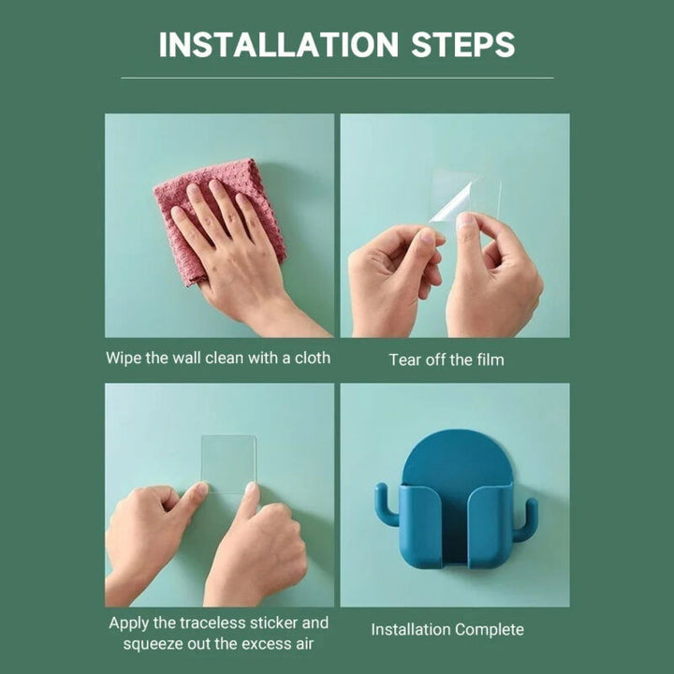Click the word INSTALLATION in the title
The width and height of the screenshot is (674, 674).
(279, 44)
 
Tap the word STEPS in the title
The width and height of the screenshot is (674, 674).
(463, 44)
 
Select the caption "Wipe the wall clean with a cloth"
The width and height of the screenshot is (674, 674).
(218, 358)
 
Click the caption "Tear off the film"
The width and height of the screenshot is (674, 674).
(447, 359)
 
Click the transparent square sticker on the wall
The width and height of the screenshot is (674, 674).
(228, 464)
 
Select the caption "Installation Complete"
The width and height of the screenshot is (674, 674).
(447, 630)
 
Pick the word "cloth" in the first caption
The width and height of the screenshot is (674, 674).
(312, 358)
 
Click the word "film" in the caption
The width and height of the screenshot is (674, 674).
(491, 359)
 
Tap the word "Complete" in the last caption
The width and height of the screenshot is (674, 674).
(490, 630)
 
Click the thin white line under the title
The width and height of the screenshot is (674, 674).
(337, 78)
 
